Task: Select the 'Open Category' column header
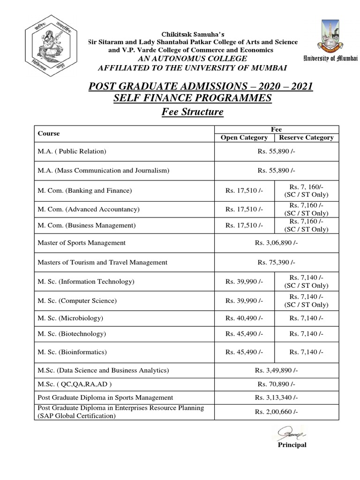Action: pos(244,137)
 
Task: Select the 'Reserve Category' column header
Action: pos(306,137)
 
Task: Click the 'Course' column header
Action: pos(49,134)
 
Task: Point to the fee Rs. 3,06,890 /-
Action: pos(276,243)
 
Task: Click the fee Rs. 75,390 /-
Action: pos(276,262)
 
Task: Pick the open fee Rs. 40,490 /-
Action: pos(244,318)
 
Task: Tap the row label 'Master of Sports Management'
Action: pos(82,243)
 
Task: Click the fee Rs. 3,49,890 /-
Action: pos(276,370)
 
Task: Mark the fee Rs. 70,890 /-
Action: pos(276,384)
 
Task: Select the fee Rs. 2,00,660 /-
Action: pos(276,412)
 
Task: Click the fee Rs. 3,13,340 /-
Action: pos(276,397)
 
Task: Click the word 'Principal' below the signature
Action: pos(292,445)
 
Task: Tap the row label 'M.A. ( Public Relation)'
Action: pos(72,151)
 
